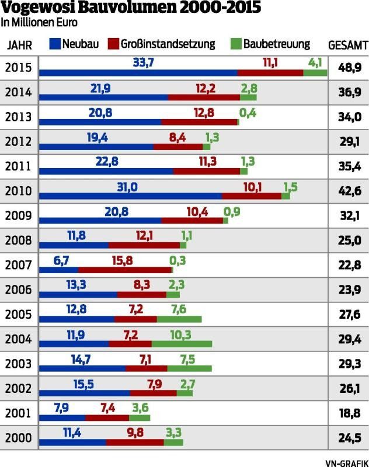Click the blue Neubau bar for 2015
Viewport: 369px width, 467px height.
pyautogui.click(x=138, y=73)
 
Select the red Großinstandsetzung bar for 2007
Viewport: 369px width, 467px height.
pyautogui.click(x=125, y=270)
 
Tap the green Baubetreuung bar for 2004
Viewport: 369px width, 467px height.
pyautogui.click(x=182, y=344)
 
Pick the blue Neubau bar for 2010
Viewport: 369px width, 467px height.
pyautogui.click(x=130, y=196)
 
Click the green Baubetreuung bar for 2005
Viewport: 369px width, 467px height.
pyautogui.click(x=179, y=319)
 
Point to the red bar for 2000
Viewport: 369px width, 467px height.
pyautogui.click(x=135, y=442)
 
